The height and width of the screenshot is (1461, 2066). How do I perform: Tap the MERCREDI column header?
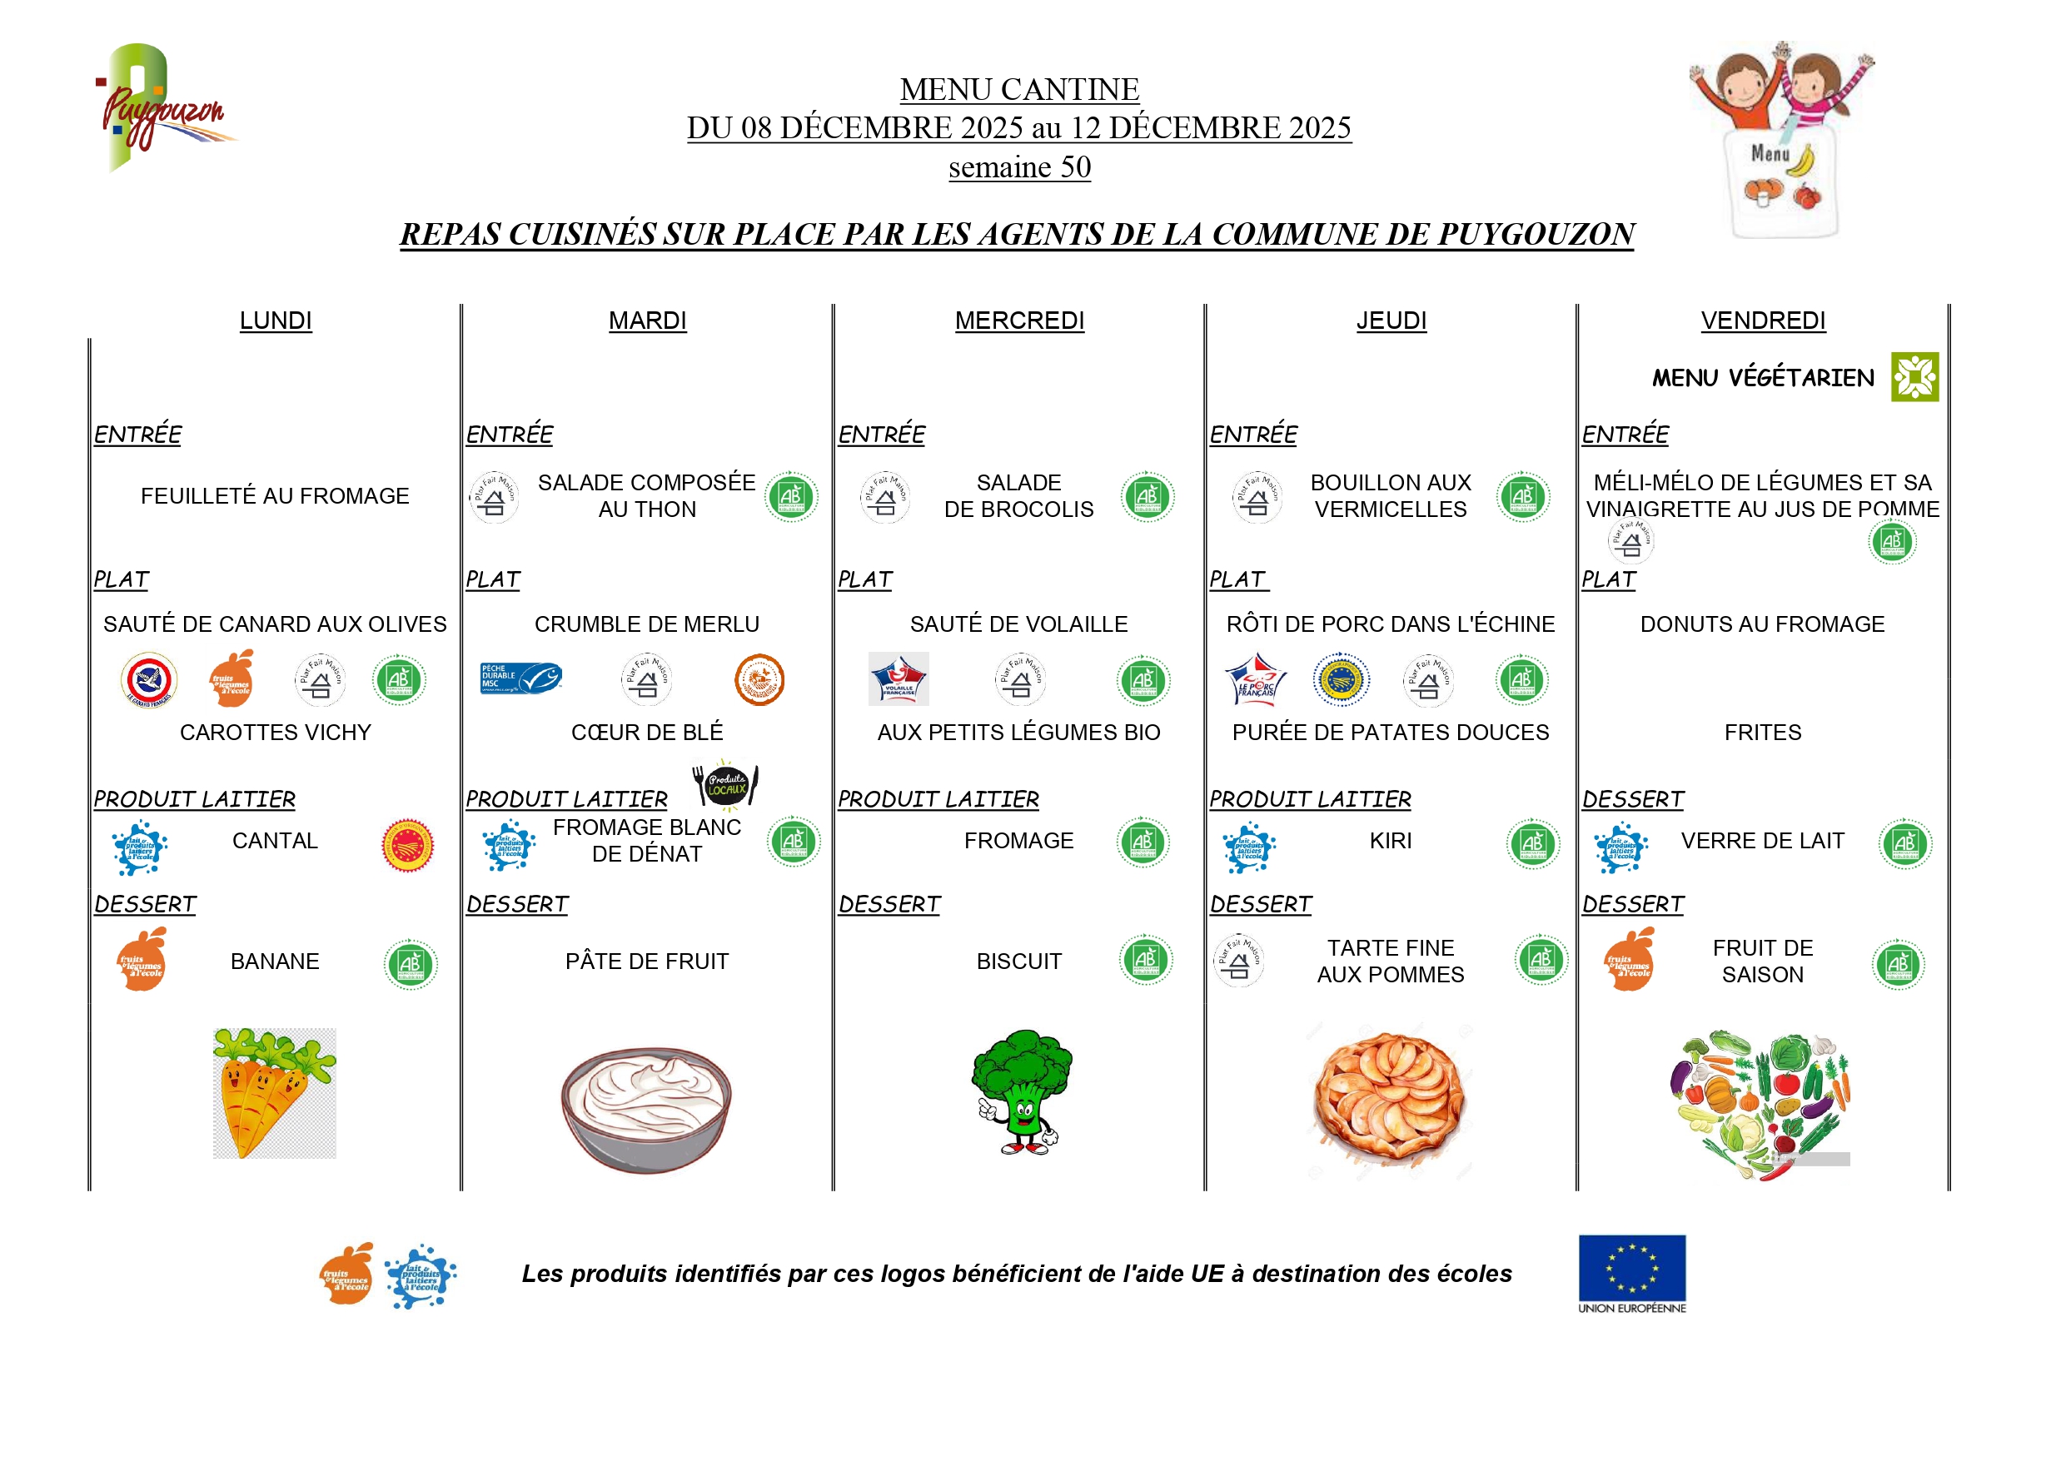(1019, 321)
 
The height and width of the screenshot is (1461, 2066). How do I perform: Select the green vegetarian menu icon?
(1914, 377)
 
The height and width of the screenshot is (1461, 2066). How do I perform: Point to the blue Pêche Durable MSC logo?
(521, 679)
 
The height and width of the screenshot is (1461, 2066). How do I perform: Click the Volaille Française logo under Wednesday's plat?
(898, 679)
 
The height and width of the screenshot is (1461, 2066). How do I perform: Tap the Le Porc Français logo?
(1255, 679)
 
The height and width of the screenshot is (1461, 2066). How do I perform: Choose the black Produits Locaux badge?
(725, 785)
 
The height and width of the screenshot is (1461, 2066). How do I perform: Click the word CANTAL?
(275, 840)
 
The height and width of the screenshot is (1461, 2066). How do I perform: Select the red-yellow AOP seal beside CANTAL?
(408, 846)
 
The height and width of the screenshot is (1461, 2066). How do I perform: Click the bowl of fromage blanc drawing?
(646, 1108)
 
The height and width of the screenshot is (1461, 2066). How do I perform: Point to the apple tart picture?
(1389, 1097)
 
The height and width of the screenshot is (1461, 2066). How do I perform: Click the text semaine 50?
(1019, 167)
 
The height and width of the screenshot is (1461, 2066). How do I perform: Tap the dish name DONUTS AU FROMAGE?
(1762, 624)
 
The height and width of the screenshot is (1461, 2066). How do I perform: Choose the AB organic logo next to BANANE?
(411, 964)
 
